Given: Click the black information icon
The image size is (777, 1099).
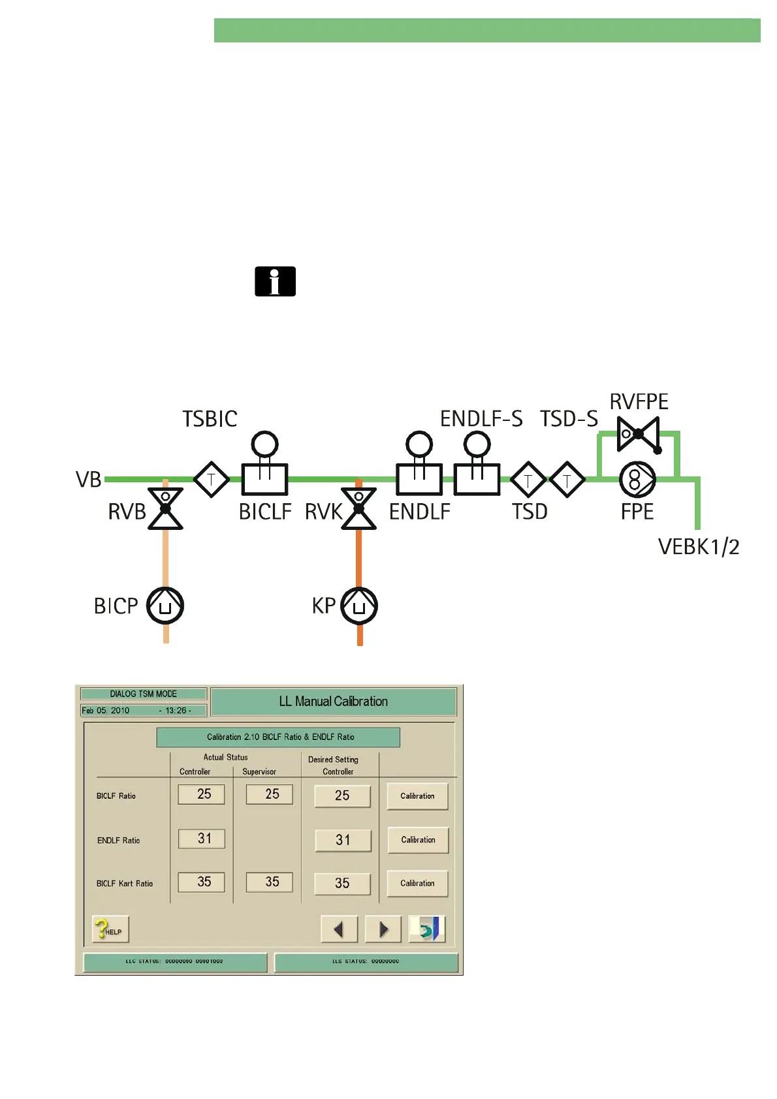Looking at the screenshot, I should pyautogui.click(x=275, y=281).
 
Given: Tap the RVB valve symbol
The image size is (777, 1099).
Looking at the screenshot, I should pyautogui.click(x=165, y=508).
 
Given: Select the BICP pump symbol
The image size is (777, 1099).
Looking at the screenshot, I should pyautogui.click(x=165, y=606).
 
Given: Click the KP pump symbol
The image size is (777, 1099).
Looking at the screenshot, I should pyautogui.click(x=359, y=606).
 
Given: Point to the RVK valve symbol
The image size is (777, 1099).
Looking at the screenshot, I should pyautogui.click(x=358, y=508).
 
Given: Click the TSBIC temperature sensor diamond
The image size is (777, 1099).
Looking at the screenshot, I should pyautogui.click(x=212, y=480).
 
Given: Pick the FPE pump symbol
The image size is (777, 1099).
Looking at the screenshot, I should pyautogui.click(x=637, y=480).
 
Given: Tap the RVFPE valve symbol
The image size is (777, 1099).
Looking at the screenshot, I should pyautogui.click(x=639, y=434).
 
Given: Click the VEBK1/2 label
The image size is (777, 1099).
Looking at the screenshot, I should pyautogui.click(x=698, y=547).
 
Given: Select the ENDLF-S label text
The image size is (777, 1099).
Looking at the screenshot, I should pyautogui.click(x=481, y=419).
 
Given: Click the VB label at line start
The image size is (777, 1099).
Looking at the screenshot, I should pyautogui.click(x=89, y=480).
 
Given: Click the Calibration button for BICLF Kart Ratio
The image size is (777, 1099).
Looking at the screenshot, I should pyautogui.click(x=417, y=884).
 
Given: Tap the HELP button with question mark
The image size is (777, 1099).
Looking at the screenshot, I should pyautogui.click(x=110, y=929).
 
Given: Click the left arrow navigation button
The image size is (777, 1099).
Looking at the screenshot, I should pyautogui.click(x=339, y=929).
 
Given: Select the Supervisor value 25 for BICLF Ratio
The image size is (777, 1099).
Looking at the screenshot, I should pyautogui.click(x=270, y=794).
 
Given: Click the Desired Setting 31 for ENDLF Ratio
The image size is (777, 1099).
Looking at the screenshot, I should pyautogui.click(x=343, y=840).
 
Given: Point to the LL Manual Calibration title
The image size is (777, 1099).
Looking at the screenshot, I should pyautogui.click(x=333, y=702).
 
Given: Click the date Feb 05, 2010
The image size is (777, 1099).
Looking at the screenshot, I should pyautogui.click(x=106, y=711).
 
